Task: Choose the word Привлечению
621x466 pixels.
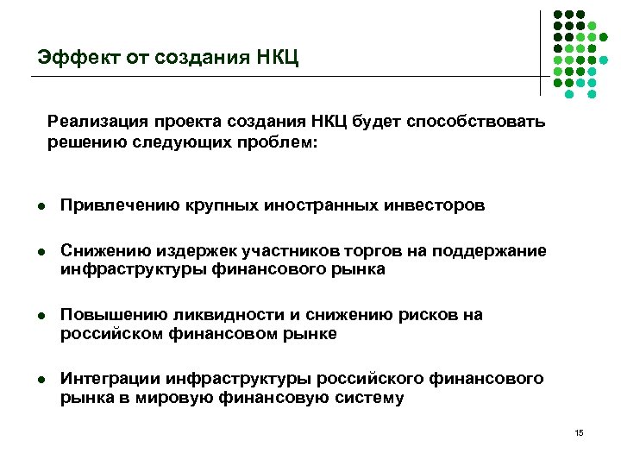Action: pyautogui.click(x=120, y=205)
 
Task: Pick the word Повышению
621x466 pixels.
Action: pyautogui.click(x=113, y=315)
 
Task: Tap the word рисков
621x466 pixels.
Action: pyautogui.click(x=415, y=315)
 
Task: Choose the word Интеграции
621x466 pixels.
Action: pyautogui.click(x=110, y=379)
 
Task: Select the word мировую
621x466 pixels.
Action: pyautogui.click(x=206, y=398)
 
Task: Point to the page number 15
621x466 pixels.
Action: pyautogui.click(x=578, y=432)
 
